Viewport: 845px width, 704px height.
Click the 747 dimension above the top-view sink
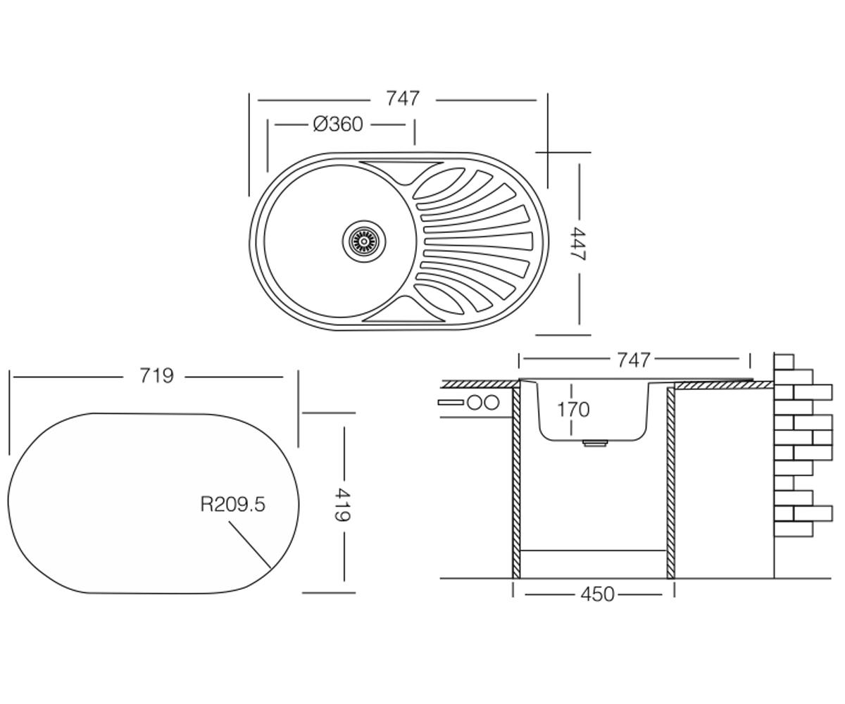403,99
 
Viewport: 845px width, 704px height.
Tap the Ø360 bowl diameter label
338,125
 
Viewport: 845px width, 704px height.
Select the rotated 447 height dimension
578,244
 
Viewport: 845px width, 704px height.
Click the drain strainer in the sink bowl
364,241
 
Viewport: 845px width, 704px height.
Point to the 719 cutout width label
156,376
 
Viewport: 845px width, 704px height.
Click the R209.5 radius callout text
232,505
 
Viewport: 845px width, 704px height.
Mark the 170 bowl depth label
573,410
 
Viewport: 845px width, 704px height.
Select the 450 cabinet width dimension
597,594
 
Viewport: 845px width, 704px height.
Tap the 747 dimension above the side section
633,359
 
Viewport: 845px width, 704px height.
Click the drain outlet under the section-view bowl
594,444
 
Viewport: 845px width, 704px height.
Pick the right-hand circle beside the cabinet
492,403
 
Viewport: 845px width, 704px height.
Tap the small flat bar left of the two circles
451,403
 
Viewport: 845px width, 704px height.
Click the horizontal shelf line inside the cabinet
594,551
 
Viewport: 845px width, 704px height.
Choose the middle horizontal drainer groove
478,241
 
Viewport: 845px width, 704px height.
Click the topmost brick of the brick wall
784,362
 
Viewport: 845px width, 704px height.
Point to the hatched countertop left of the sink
481,384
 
